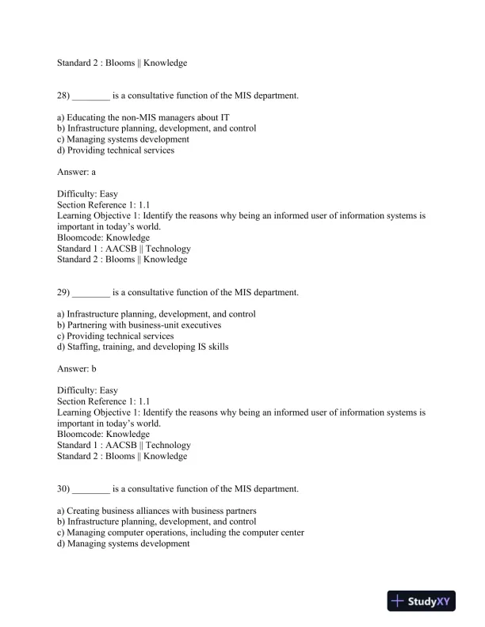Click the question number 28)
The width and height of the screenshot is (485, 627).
pyautogui.click(x=63, y=96)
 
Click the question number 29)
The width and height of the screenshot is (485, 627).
pyautogui.click(x=63, y=292)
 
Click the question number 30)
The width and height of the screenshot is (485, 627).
pyautogui.click(x=63, y=488)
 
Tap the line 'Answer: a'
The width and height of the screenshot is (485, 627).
pyautogui.click(x=77, y=170)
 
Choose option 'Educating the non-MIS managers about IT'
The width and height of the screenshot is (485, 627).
pyautogui.click(x=135, y=117)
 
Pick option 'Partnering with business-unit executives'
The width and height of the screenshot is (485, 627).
pyautogui.click(x=139, y=325)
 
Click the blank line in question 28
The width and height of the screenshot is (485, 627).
pyautogui.click(x=90, y=97)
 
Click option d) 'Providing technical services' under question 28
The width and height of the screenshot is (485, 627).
pyautogui.click(x=116, y=150)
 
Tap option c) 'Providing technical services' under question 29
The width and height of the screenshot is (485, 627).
pyautogui.click(x=116, y=336)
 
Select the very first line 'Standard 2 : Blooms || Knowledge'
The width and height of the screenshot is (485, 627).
pyautogui.click(x=122, y=63)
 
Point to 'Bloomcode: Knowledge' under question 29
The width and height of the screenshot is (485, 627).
pyautogui.click(x=103, y=434)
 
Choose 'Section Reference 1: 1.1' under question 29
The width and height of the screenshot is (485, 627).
pyautogui.click(x=103, y=401)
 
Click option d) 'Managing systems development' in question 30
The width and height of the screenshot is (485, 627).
pyautogui.click(x=124, y=544)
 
